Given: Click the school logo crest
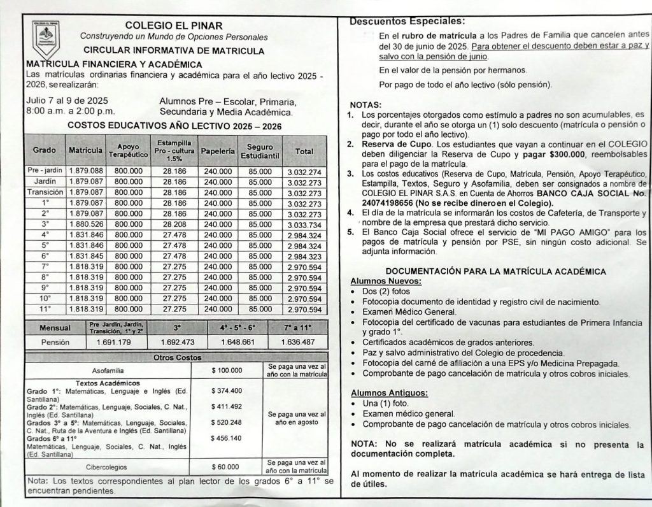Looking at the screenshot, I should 46,39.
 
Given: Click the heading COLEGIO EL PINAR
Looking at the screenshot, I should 173,26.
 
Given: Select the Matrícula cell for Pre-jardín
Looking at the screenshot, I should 85,171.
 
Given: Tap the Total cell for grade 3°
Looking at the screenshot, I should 304,225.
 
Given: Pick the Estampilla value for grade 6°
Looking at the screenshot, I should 174,256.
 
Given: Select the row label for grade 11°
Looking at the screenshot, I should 45,309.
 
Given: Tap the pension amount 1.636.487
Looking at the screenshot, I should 298,342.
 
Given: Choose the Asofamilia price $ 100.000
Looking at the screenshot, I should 227,370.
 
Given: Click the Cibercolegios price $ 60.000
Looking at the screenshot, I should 226,466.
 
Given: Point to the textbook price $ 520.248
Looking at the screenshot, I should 227,422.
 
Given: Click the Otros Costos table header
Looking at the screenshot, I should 177,357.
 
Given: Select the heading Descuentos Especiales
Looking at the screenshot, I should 407,22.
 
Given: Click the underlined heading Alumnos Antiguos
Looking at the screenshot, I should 389,392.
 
